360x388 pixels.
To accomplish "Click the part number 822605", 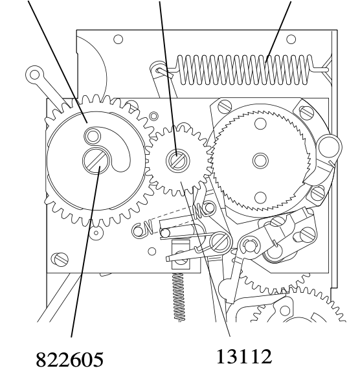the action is pyautogui.click(x=69, y=359).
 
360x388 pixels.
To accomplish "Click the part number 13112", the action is pyautogui.click(x=244, y=356).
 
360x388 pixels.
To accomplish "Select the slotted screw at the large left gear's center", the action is pyautogui.click(x=95, y=161).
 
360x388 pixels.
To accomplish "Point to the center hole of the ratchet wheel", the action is pyautogui.click(x=260, y=161).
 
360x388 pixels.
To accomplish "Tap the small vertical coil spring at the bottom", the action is pyautogui.click(x=179, y=297).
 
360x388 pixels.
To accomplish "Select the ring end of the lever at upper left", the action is pyautogui.click(x=34, y=74).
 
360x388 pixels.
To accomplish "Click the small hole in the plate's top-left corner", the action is pyautogui.click(x=118, y=39).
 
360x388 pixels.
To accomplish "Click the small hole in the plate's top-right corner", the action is pyautogui.click(x=291, y=39).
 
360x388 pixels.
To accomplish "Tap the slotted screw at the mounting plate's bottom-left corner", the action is pyautogui.click(x=60, y=259).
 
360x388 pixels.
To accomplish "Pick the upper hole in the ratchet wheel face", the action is pyautogui.click(x=260, y=123).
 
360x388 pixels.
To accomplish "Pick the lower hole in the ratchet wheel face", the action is pyautogui.click(x=260, y=198).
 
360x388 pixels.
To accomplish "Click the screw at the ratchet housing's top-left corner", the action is pyautogui.click(x=225, y=106).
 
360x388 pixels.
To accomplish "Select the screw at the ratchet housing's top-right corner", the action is pyautogui.click(x=306, y=112).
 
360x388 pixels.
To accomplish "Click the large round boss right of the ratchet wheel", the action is pyautogui.click(x=329, y=148).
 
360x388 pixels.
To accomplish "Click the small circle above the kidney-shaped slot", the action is pyautogui.click(x=93, y=136).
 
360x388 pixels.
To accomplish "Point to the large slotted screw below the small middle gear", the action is pyautogui.click(x=220, y=241).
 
